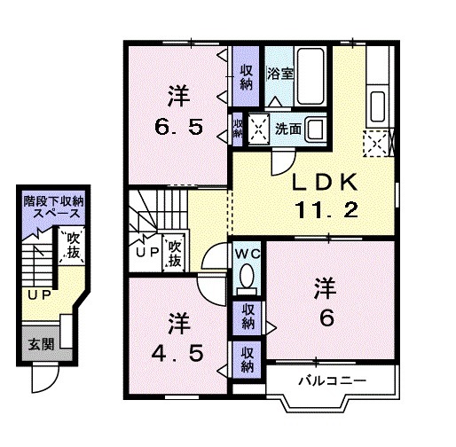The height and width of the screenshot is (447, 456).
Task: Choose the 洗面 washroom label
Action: point(287,128)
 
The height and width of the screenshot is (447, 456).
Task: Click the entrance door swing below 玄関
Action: point(42,380)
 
